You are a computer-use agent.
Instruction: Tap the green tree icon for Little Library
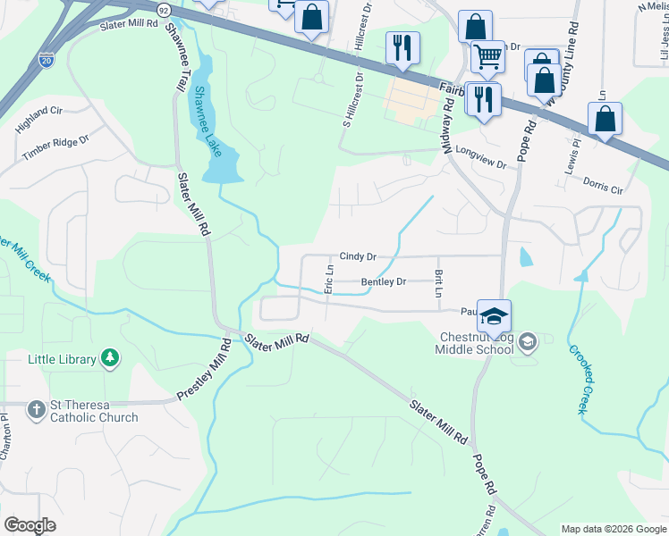click(x=110, y=359)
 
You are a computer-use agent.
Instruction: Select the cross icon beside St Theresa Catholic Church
click(x=37, y=410)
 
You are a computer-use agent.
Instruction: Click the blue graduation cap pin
click(x=494, y=315)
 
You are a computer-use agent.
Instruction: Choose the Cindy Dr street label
click(x=357, y=256)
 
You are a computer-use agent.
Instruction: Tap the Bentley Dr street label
click(x=383, y=282)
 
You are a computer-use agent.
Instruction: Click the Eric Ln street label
click(x=328, y=279)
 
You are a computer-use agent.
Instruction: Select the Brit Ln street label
click(x=438, y=284)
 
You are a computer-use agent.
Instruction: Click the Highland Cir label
click(x=38, y=119)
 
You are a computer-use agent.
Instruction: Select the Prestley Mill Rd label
click(x=204, y=367)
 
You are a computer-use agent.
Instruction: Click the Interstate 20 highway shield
click(x=47, y=60)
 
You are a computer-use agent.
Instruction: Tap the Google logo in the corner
click(x=30, y=524)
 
